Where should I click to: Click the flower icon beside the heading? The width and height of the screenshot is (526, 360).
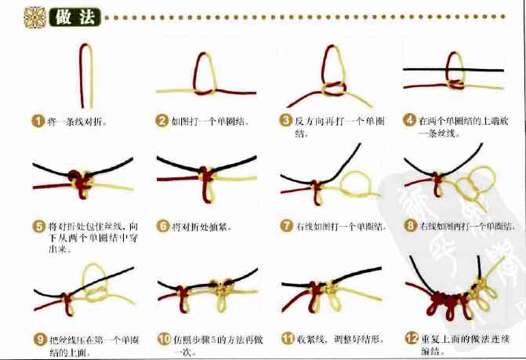35,16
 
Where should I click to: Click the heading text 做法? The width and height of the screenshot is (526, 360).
71,17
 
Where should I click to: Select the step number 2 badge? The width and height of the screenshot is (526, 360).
162,121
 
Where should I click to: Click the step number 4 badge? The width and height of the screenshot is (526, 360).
409,121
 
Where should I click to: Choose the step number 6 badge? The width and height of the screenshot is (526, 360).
162,227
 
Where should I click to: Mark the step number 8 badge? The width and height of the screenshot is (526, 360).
409,227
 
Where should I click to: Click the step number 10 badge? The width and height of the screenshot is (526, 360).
163,340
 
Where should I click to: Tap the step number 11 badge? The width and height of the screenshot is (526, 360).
286,340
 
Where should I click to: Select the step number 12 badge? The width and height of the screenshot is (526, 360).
410,340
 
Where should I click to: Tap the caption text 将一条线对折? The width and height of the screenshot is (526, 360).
77,122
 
